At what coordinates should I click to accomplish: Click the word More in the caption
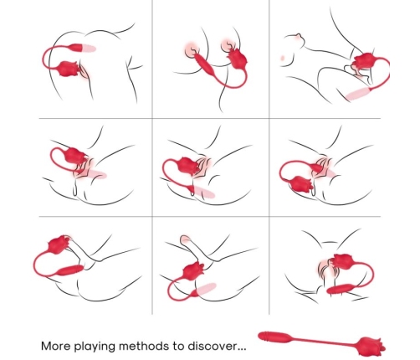coord(56,344)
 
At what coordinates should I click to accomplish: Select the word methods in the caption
coord(149,344)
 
